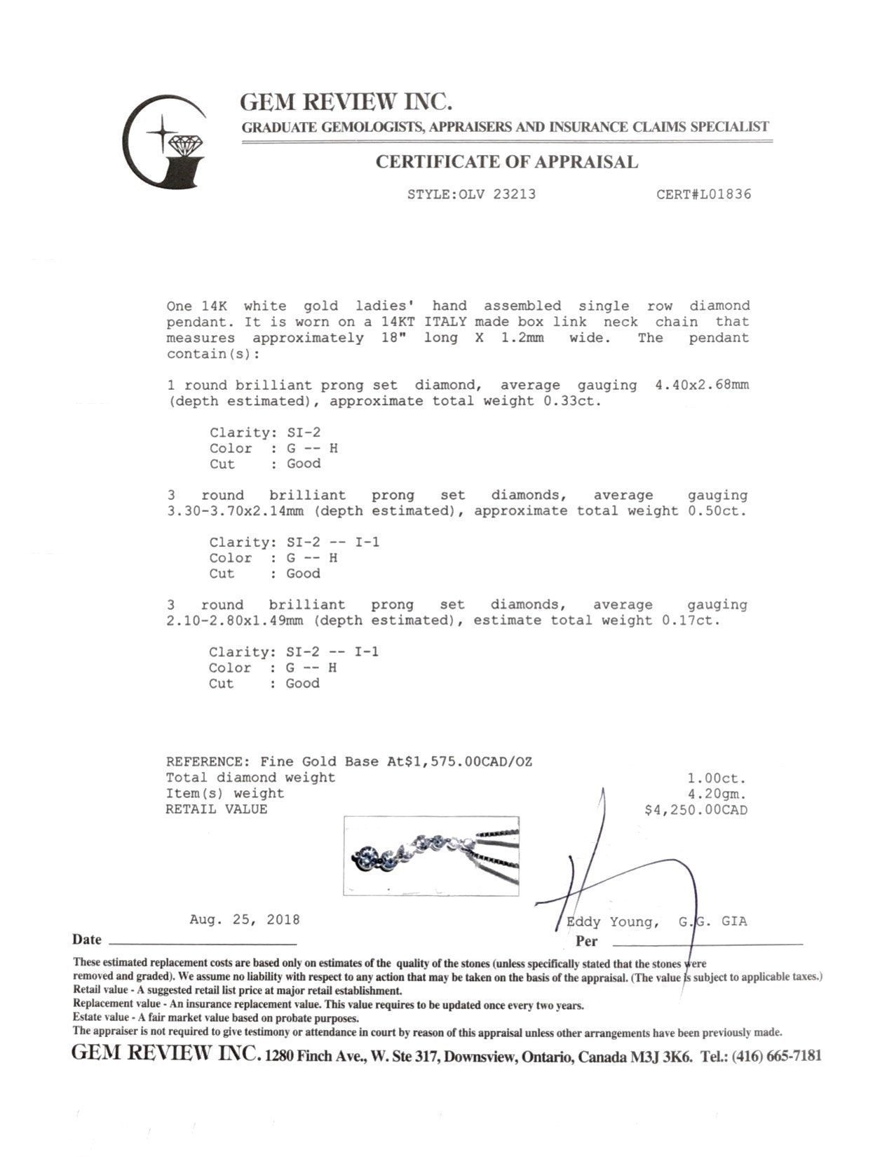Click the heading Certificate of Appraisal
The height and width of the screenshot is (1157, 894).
pyautogui.click(x=507, y=162)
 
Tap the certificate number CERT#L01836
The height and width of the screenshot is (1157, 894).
pyautogui.click(x=703, y=194)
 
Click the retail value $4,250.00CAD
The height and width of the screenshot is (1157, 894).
pyautogui.click(x=696, y=810)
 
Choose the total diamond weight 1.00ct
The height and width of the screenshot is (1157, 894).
pyautogui.click(x=717, y=778)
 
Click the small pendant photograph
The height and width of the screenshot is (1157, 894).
pyautogui.click(x=431, y=855)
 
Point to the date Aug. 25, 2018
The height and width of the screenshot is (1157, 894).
pyautogui.click(x=245, y=919)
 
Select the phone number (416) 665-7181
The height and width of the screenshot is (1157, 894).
pyautogui.click(x=776, y=1056)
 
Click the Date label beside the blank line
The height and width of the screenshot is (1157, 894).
pyautogui.click(x=87, y=940)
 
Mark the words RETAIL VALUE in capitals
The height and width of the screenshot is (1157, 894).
pyautogui.click(x=217, y=809)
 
